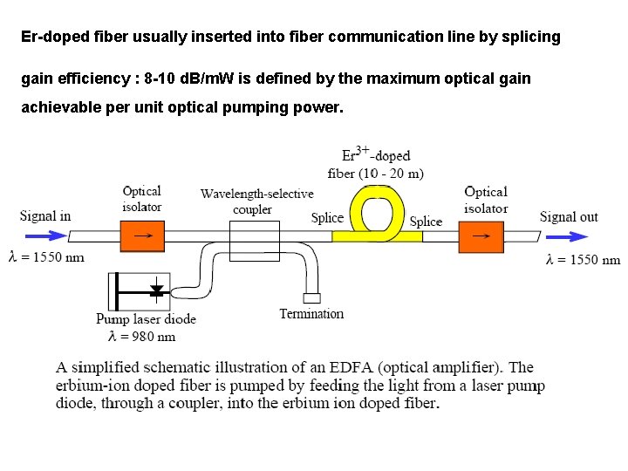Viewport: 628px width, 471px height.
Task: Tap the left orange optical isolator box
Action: click(141, 235)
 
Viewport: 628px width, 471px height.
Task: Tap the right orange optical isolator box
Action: click(481, 235)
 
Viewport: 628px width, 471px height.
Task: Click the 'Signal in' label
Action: click(45, 215)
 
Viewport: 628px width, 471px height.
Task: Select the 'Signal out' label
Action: click(569, 216)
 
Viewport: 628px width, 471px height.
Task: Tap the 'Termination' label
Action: click(311, 314)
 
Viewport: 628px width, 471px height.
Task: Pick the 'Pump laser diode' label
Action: click(146, 319)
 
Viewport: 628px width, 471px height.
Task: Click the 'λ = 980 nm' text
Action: click(141, 337)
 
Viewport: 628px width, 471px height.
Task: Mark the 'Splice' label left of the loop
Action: click(327, 217)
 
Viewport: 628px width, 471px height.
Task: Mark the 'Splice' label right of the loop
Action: click(426, 222)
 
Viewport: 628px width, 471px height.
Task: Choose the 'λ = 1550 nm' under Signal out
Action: click(583, 259)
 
